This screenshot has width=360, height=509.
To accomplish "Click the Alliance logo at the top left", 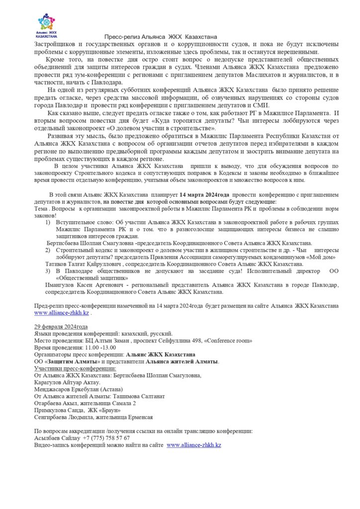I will pyautogui.click(x=49, y=25).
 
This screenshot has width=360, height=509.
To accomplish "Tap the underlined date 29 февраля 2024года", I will pyautogui.click(x=61, y=327).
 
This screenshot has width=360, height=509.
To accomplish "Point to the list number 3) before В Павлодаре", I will pyautogui.click(x=48, y=271).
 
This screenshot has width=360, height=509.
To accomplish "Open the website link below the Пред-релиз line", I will pyautogui.click(x=62, y=313).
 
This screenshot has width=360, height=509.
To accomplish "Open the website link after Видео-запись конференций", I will pyautogui.click(x=194, y=445).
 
